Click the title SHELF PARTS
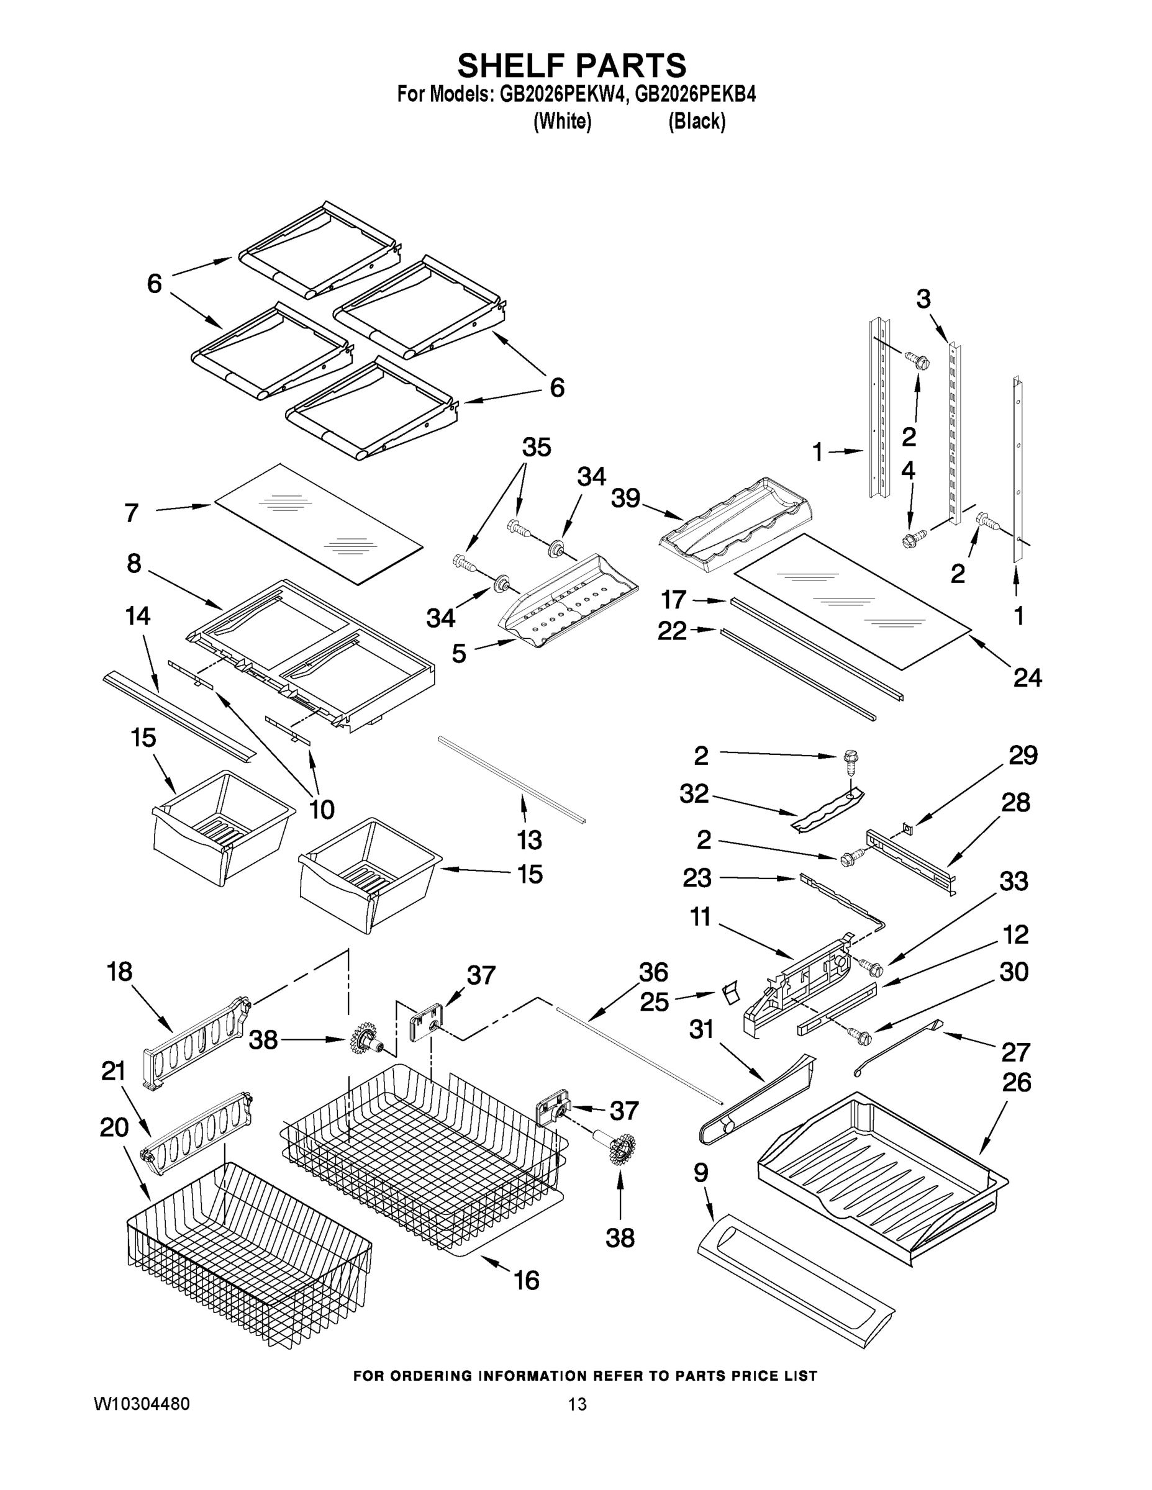571,66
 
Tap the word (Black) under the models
696,122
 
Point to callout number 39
625,499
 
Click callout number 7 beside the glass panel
132,512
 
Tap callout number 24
1027,677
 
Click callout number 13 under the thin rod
529,840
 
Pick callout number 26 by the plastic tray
1016,1082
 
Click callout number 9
701,1173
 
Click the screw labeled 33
870,966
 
